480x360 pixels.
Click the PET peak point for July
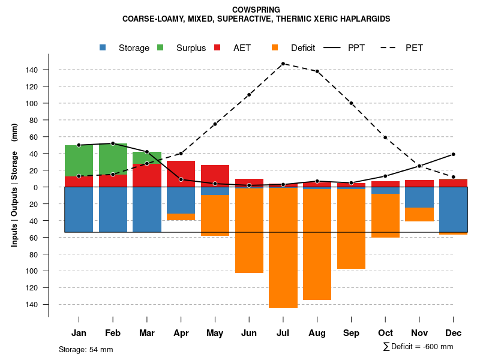coord(283,64)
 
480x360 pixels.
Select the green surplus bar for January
coord(79,160)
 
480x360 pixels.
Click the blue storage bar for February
coord(113,209)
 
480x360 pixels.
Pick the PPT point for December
coord(453,154)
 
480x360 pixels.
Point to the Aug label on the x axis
coord(317,333)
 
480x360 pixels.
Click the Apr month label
coord(181,333)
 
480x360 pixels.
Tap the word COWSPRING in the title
coord(256,10)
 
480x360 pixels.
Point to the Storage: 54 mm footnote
coord(86,349)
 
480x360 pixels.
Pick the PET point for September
coord(352,103)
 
